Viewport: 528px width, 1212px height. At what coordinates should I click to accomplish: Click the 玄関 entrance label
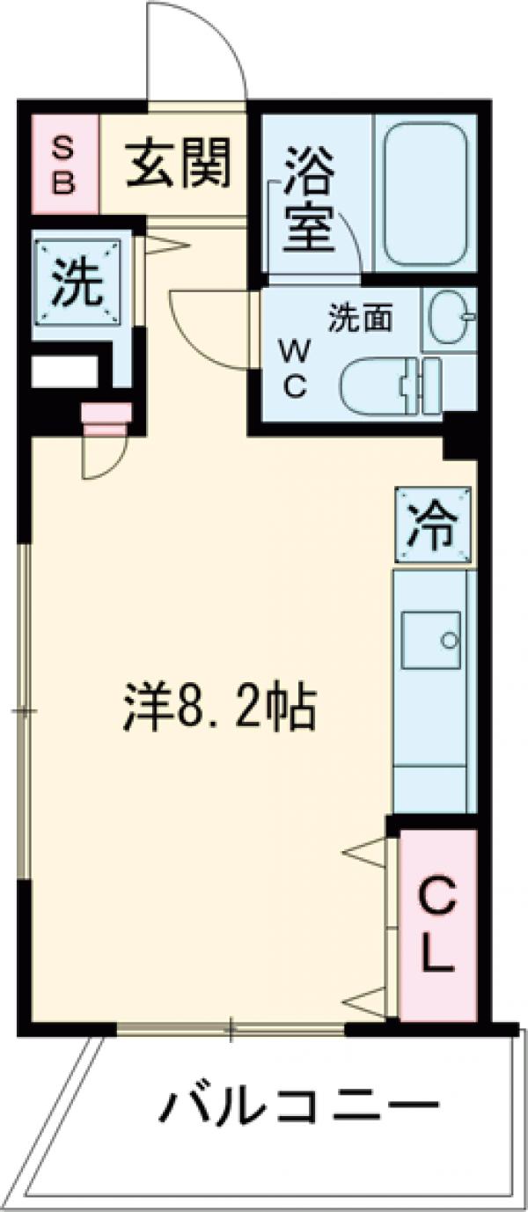tap(178, 164)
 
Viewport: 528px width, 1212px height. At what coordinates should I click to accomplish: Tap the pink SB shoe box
tap(66, 165)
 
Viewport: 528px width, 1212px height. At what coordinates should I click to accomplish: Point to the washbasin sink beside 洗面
tap(450, 318)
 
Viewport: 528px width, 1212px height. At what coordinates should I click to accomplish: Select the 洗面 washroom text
tap(360, 318)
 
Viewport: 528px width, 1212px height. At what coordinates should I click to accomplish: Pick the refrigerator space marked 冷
tap(432, 526)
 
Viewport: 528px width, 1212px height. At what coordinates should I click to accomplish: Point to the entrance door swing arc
tap(198, 48)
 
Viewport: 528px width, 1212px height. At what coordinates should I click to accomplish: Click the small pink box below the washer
tap(106, 417)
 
